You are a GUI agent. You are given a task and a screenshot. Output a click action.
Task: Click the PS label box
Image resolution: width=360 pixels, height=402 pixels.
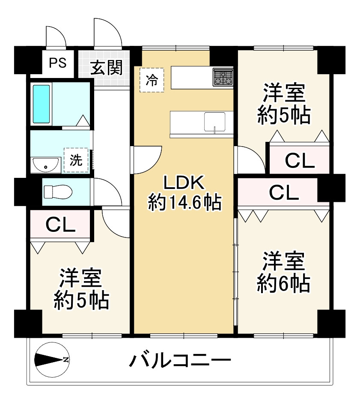tap(57, 63)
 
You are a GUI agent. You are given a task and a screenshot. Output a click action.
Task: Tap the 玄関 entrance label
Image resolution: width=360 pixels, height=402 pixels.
tap(106, 67)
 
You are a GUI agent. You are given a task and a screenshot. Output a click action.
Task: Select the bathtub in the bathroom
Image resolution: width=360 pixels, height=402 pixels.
tap(42, 104)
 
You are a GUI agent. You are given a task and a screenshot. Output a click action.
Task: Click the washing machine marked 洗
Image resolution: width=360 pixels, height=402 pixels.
tap(76, 160)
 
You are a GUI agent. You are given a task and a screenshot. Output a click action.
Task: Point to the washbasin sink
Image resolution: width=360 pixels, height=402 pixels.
tap(45, 164)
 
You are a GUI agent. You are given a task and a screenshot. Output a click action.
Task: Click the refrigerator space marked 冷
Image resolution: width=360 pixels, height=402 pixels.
tap(152, 80)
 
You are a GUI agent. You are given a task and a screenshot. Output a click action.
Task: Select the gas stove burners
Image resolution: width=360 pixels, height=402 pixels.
tap(223, 78)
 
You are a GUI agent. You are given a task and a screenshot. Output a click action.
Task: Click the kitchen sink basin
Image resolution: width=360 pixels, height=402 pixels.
tap(214, 122)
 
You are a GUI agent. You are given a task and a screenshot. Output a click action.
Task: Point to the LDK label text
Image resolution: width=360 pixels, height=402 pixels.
tap(184, 183)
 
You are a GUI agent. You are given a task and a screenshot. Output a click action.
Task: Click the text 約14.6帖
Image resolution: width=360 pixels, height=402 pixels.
tap(184, 202)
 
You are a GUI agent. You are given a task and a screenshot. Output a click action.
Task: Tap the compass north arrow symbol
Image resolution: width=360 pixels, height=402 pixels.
tap(51, 359)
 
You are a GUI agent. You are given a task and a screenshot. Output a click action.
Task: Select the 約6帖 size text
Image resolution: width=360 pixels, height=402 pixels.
tap(284, 283)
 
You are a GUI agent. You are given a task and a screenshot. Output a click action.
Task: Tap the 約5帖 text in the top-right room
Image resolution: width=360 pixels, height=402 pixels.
tap(284, 115)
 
